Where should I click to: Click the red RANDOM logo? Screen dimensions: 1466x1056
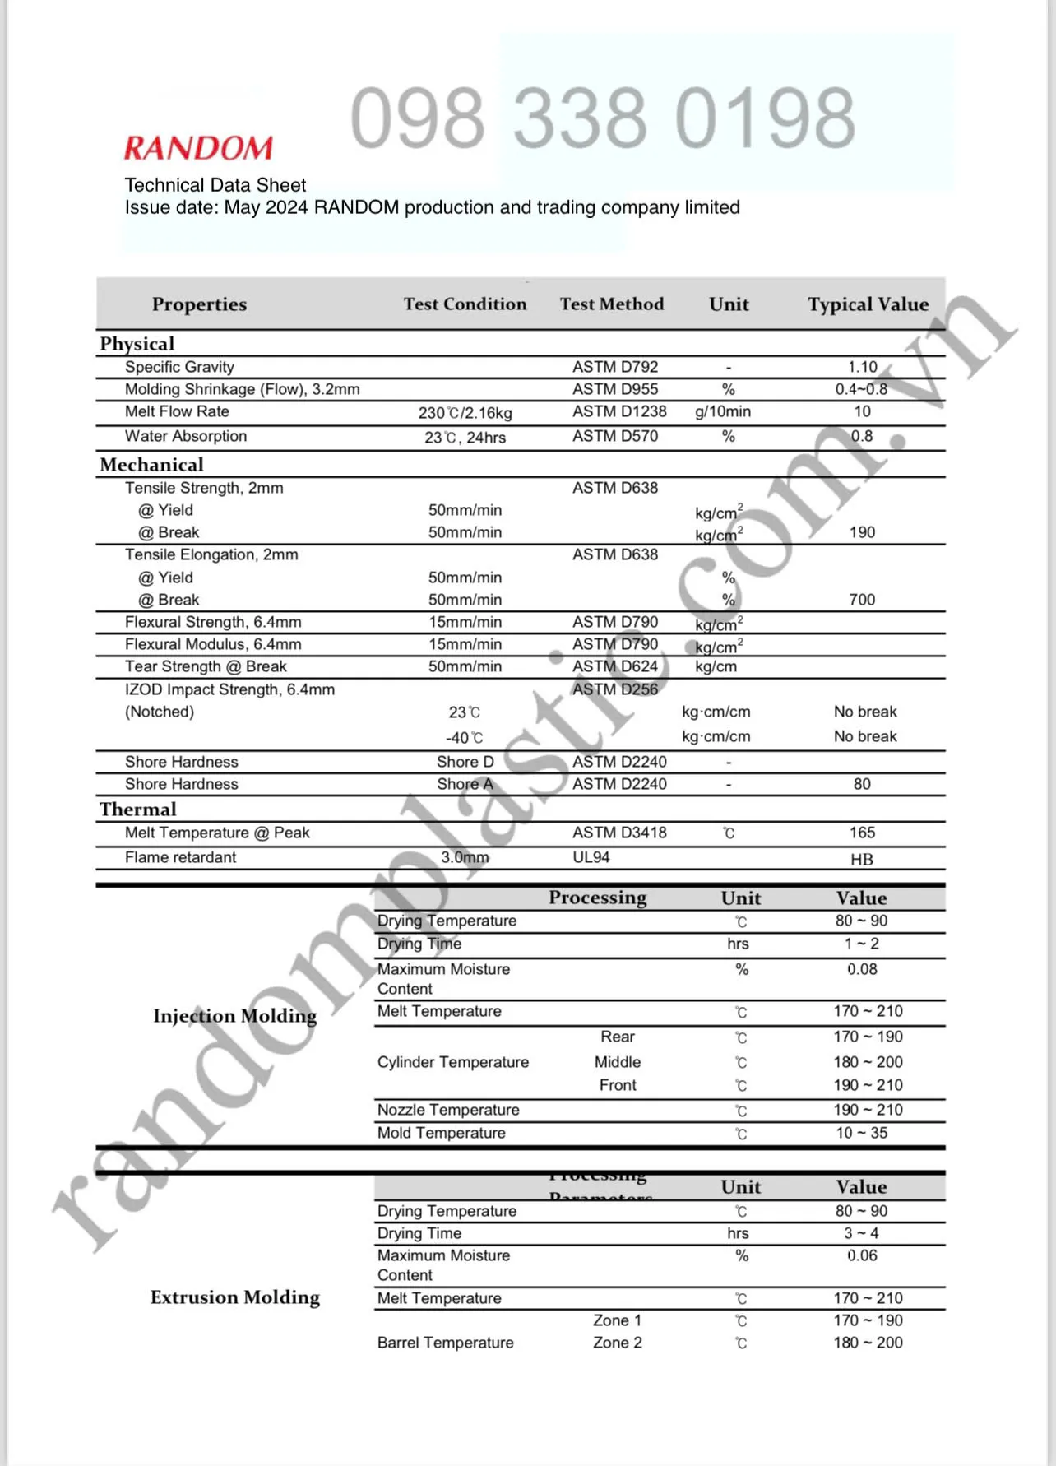click(x=198, y=148)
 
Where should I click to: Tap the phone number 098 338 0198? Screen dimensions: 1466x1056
click(x=602, y=118)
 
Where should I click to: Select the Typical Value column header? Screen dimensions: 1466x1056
click(x=868, y=304)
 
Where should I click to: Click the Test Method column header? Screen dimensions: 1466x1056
click(x=612, y=304)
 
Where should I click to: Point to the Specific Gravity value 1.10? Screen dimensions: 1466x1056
click(x=862, y=367)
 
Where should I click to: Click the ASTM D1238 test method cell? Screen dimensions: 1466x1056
click(x=619, y=411)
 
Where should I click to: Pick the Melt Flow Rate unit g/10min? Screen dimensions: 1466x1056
click(x=723, y=411)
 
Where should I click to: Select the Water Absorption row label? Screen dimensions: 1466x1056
click(x=186, y=436)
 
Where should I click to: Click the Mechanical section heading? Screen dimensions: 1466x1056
click(x=151, y=465)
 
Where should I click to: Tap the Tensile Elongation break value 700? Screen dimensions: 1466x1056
click(x=862, y=600)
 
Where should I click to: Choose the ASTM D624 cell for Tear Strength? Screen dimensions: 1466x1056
click(x=615, y=666)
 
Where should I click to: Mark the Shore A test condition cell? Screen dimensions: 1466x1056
click(x=465, y=784)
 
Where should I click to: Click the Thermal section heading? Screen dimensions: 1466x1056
click(x=138, y=810)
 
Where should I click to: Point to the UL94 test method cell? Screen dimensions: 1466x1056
click(x=591, y=857)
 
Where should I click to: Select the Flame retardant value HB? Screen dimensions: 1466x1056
click(x=862, y=860)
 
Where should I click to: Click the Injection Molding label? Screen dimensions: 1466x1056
click(x=235, y=1016)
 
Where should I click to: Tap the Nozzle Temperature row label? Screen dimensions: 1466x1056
click(x=448, y=1110)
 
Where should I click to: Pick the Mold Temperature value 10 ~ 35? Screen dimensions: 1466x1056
click(x=862, y=1133)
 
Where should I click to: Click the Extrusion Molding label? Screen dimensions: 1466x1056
click(x=235, y=1297)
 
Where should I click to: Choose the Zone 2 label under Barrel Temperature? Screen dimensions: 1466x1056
click(x=618, y=1343)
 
